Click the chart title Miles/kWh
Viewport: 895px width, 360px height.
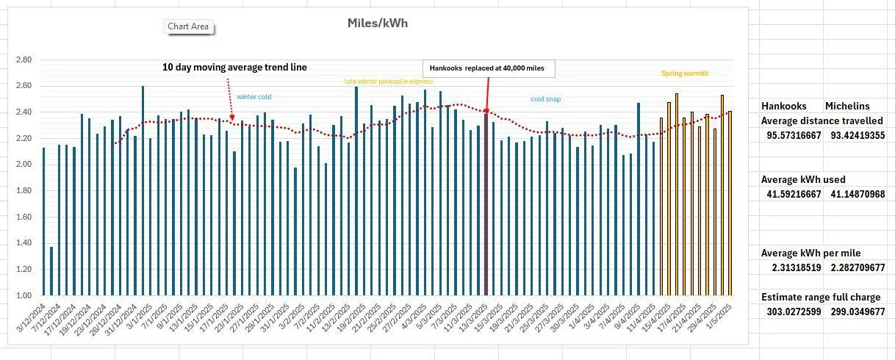click(377, 23)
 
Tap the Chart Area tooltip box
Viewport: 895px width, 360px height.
click(188, 26)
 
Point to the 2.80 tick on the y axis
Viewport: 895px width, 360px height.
click(24, 60)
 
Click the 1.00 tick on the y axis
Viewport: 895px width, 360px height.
click(24, 295)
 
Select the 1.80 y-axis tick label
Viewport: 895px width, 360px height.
click(24, 190)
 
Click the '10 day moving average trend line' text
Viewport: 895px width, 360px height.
click(234, 67)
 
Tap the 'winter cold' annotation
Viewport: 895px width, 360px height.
click(254, 96)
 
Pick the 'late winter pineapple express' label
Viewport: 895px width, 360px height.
click(389, 82)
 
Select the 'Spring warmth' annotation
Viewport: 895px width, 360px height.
click(684, 73)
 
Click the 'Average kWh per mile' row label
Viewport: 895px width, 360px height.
click(810, 253)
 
